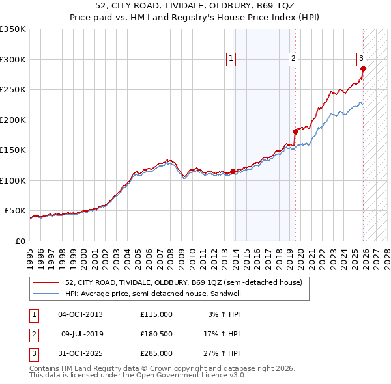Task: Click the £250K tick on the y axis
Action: (13, 90)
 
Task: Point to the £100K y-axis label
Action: (13, 180)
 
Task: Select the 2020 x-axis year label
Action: (300, 256)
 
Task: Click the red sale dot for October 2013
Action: (233, 172)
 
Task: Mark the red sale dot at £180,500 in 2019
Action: (295, 131)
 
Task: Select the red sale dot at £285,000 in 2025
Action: (363, 68)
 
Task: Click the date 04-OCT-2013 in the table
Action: (80, 314)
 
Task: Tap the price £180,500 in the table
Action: (156, 334)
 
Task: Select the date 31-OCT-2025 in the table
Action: (80, 353)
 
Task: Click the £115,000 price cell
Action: (156, 314)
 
